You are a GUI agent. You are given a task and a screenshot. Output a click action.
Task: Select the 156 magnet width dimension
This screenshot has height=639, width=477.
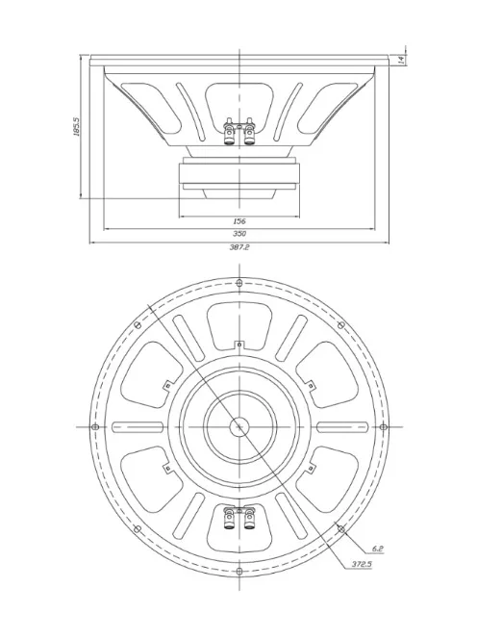tap(238, 220)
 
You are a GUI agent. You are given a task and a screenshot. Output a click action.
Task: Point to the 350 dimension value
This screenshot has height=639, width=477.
tap(238, 233)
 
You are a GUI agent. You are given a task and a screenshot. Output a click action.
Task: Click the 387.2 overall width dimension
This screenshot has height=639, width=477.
tap(238, 247)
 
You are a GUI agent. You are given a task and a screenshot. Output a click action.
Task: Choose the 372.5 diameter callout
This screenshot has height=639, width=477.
tap(362, 564)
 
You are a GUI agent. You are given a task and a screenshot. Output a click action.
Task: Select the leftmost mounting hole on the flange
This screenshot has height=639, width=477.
tap(93, 427)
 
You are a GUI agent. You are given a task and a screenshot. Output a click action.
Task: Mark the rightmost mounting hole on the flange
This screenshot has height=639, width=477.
tap(384, 427)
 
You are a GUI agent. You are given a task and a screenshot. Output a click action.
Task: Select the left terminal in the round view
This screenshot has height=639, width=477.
tap(229, 521)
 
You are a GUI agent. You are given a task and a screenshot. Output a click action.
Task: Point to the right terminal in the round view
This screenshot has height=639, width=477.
tap(249, 521)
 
